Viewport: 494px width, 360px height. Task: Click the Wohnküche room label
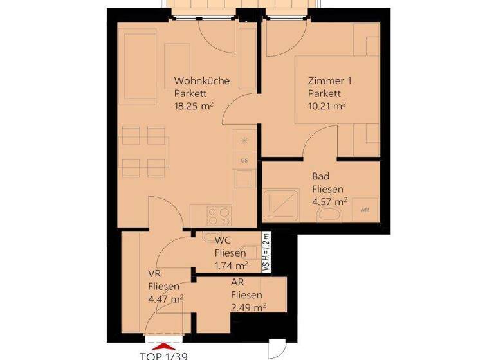click(202, 82)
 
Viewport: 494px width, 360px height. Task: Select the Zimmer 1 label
click(329, 82)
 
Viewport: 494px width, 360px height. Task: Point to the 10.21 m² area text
click(327, 106)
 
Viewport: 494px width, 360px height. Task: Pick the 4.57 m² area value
click(329, 201)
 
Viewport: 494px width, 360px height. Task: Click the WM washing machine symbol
click(365, 210)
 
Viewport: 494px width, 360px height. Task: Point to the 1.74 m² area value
click(231, 265)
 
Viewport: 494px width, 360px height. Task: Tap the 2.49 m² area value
click(248, 307)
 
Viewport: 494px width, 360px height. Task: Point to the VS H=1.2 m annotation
click(265, 253)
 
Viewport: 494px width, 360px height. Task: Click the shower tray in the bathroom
click(281, 203)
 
